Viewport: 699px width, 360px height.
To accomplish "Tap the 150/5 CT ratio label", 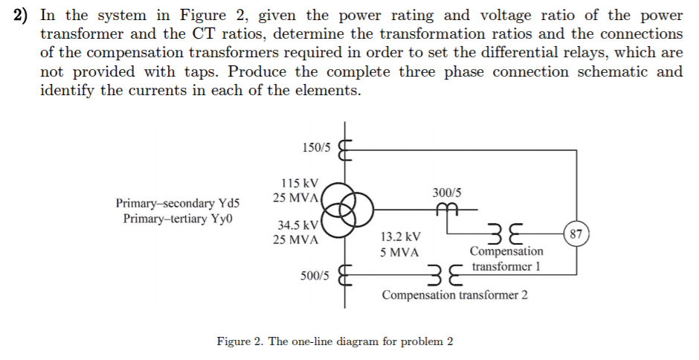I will coord(318,148).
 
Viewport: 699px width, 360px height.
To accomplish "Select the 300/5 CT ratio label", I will coord(446,192).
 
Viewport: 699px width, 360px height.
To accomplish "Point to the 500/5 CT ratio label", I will coord(315,275).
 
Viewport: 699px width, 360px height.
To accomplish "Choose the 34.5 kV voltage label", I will coord(297,225).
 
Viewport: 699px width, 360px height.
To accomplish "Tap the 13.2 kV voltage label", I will coord(400,237).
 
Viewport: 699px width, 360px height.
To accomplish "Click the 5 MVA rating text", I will coord(399,252).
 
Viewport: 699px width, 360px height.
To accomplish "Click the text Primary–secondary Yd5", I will coord(178,203).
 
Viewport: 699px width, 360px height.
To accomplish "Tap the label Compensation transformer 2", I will coord(455,295).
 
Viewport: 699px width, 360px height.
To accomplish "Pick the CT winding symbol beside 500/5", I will coord(344,275).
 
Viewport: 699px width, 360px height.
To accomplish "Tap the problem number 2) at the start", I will coord(25,15).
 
